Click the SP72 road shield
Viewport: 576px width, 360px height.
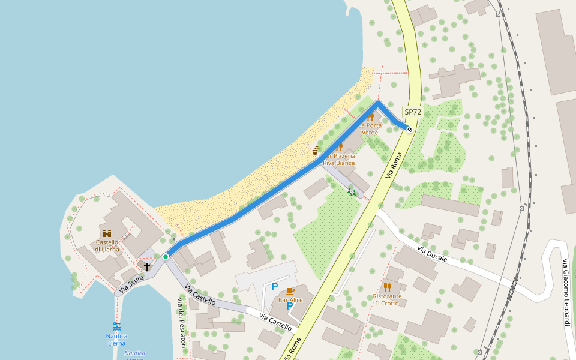(x=413, y=112)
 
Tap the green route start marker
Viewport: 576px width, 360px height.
(x=166, y=257)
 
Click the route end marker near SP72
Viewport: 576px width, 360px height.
(x=410, y=129)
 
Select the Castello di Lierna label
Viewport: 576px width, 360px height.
(x=107, y=246)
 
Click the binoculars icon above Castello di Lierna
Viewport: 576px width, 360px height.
(x=107, y=233)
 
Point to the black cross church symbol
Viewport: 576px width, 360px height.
(x=146, y=266)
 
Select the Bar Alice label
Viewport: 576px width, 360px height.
(x=290, y=300)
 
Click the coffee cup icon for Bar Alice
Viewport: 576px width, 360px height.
(x=290, y=291)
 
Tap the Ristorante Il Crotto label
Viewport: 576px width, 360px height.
(x=387, y=299)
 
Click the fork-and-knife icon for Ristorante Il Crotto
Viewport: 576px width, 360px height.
(x=387, y=287)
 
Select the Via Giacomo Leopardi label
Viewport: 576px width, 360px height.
(x=565, y=292)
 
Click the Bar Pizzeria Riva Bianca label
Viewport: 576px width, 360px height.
(x=339, y=159)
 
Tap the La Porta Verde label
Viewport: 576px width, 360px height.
(x=370, y=128)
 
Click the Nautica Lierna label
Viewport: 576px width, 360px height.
(x=117, y=340)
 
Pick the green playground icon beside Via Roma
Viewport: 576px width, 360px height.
(x=352, y=192)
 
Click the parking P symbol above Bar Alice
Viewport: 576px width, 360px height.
(x=275, y=287)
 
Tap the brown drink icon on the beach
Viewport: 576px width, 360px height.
(x=316, y=151)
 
